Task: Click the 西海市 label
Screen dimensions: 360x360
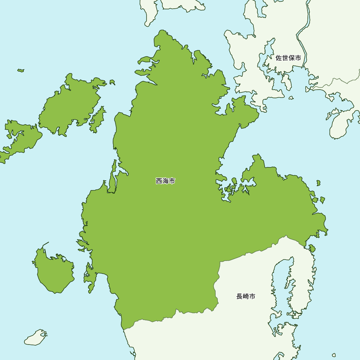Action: [165, 181]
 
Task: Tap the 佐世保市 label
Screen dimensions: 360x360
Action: [288, 58]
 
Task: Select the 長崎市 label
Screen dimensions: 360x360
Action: [246, 297]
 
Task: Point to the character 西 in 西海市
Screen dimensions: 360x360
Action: [159, 181]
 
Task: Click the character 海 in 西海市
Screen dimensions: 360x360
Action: [165, 181]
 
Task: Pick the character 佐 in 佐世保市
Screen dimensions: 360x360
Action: [279, 58]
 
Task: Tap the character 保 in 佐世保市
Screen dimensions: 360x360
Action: [291, 58]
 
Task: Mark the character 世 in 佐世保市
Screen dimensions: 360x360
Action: [285, 58]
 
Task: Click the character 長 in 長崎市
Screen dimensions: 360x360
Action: [239, 297]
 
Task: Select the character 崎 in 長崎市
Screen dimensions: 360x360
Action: [246, 297]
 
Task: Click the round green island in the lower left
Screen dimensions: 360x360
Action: [54, 272]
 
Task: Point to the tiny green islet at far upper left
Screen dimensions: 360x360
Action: [21, 70]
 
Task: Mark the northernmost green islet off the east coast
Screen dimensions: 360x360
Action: [318, 183]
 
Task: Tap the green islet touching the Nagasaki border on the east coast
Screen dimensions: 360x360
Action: [312, 248]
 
